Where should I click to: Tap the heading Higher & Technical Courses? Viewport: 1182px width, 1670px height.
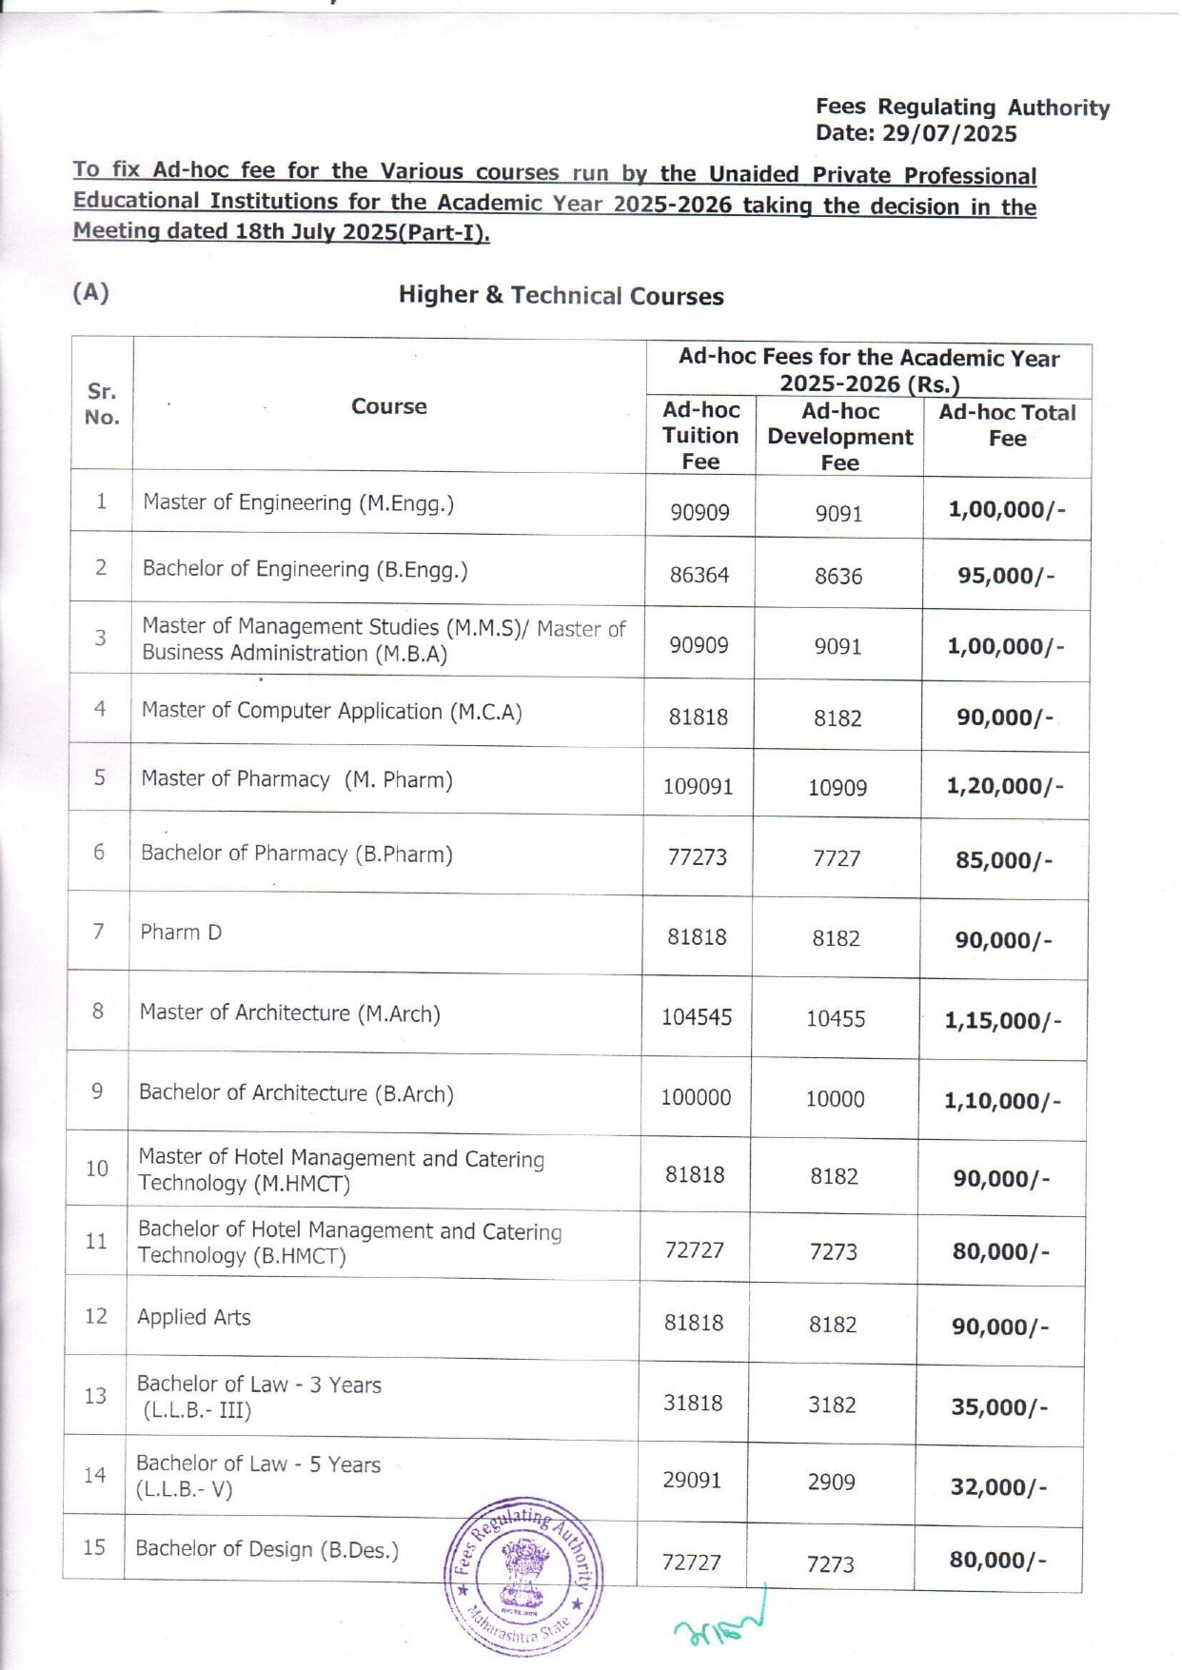561,296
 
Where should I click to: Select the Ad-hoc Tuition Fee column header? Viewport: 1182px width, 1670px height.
700,436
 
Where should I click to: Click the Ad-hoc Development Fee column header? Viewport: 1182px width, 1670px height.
839,437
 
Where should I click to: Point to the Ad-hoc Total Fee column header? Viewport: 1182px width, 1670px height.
1007,425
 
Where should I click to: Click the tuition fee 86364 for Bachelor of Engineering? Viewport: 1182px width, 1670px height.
699,576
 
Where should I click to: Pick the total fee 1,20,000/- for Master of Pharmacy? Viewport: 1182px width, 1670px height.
1004,786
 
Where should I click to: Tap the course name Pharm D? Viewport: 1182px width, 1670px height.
181,933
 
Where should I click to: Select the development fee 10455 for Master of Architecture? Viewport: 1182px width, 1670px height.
836,1019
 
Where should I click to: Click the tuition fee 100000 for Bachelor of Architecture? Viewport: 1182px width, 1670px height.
697,1098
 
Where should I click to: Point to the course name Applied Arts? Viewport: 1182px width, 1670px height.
194,1318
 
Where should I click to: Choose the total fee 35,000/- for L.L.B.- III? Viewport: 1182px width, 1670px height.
998,1407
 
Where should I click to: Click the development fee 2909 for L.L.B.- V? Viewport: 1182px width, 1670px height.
832,1483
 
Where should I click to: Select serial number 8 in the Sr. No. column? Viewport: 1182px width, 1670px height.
98,1012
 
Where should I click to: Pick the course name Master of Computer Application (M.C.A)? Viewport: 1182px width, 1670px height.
331,712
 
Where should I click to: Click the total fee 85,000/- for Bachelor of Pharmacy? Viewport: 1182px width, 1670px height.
1003,861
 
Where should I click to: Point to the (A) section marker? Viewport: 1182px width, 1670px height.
90,292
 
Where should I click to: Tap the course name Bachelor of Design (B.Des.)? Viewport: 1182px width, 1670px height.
266,1549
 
